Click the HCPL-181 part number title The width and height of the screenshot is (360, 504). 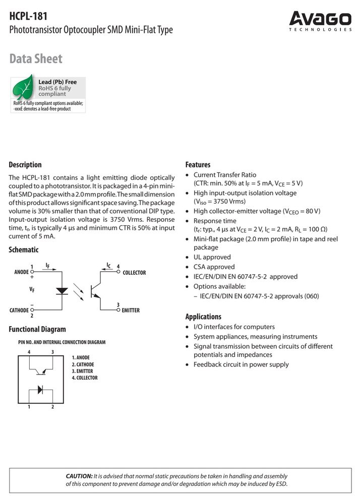point(28,16)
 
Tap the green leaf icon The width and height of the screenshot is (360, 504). point(23,87)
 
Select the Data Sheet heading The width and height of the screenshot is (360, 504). point(36,58)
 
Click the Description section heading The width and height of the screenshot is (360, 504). point(25,165)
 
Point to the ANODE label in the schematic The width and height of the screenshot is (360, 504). point(22,272)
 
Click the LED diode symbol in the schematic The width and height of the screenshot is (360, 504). point(62,291)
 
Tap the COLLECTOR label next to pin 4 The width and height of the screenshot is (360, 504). point(134,273)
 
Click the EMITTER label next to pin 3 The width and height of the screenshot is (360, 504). point(131,310)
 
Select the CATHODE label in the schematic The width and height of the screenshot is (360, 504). point(19,310)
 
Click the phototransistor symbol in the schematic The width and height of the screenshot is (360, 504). point(95,291)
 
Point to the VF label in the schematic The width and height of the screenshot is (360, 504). point(32,289)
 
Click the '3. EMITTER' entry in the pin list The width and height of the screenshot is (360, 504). point(82,371)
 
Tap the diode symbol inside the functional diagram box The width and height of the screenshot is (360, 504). point(40,390)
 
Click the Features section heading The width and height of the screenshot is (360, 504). point(198,165)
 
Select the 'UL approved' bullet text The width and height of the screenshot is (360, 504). point(212,257)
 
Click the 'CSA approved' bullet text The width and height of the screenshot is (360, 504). point(214,267)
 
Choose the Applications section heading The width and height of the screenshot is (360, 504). point(203,317)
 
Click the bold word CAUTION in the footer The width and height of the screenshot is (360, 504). point(79,476)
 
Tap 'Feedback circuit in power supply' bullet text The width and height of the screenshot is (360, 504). point(241,364)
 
